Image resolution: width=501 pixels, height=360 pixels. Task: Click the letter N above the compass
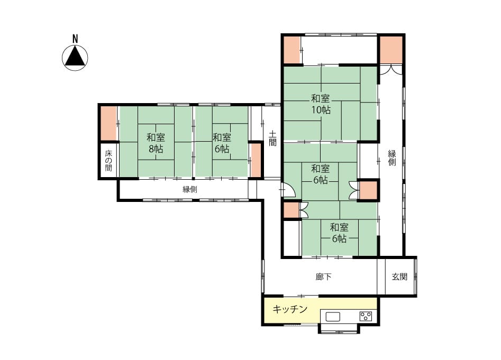coord(75,39)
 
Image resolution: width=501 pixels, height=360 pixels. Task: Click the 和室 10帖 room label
coord(321,104)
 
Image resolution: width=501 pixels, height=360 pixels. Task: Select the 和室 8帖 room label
coord(156,143)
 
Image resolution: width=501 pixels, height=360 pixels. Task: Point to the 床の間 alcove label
coord(108,160)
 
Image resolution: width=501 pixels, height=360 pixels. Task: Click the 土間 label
coord(272,138)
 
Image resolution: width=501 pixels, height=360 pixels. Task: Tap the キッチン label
coord(290,309)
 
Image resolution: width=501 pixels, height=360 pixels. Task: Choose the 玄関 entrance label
coord(399,276)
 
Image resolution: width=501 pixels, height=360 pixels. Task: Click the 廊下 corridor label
coord(323,276)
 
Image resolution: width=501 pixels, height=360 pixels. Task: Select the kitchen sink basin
coord(333,317)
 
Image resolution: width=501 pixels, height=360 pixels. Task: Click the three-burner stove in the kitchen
coord(366,316)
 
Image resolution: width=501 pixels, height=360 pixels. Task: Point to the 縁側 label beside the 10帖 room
coord(392,158)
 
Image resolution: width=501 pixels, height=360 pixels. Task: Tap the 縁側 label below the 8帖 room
coord(190,189)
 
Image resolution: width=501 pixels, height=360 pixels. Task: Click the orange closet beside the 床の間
coord(108,123)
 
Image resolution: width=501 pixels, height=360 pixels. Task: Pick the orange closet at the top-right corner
coord(391,50)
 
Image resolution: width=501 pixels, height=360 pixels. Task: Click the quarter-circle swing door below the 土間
coord(288,190)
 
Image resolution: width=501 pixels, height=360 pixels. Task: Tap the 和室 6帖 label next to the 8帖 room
coord(222,143)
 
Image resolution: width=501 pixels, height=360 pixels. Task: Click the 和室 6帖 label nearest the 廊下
coord(339,233)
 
